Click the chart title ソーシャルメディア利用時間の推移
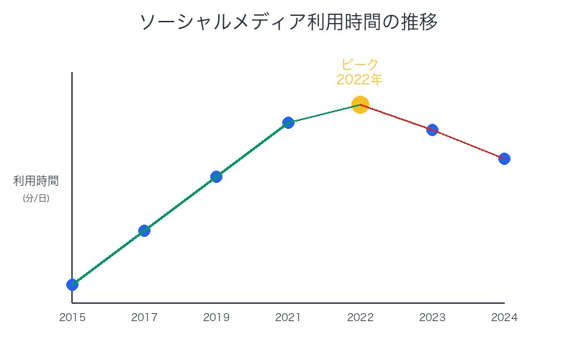click(x=288, y=22)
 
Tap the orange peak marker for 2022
click(x=360, y=104)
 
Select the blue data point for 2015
click(x=72, y=284)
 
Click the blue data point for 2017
click(x=144, y=230)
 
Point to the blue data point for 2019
click(x=216, y=176)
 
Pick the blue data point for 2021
click(x=288, y=122)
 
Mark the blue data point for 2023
click(x=432, y=130)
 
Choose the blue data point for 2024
click(x=504, y=158)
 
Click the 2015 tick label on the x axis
click(x=72, y=317)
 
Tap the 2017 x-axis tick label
click(x=144, y=317)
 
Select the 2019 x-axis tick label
click(x=216, y=317)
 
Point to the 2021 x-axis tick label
click(x=288, y=317)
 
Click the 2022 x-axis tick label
click(x=360, y=317)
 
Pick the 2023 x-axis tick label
click(x=432, y=317)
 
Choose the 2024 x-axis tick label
click(x=504, y=317)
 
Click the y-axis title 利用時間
click(x=36, y=181)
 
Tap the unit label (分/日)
click(x=36, y=198)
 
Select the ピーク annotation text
click(x=360, y=64)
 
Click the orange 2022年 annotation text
click(x=360, y=79)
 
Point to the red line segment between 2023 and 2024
click(x=468, y=144)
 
